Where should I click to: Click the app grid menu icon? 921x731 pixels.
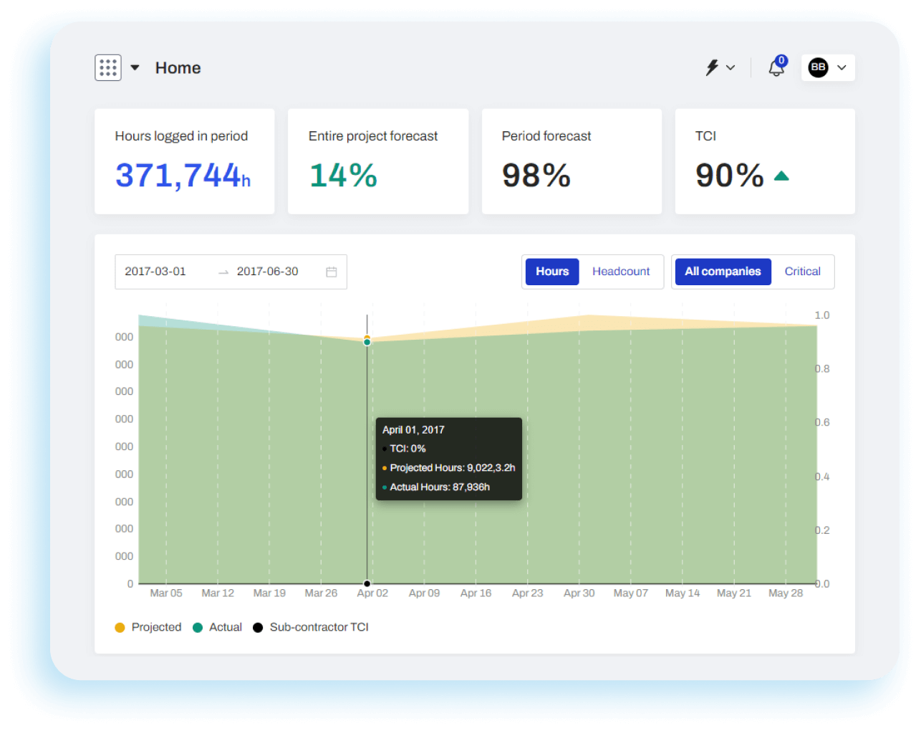(108, 68)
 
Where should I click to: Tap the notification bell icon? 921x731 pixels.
(776, 68)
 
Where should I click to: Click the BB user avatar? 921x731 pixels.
(818, 67)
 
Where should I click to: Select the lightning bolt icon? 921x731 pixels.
(712, 67)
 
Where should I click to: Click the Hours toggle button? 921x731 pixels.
(552, 272)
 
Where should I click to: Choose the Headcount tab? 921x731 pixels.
(621, 272)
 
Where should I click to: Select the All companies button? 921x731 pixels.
(723, 272)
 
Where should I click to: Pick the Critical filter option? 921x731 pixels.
(802, 272)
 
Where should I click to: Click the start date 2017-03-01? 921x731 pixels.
(155, 272)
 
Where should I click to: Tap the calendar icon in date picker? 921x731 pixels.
(332, 272)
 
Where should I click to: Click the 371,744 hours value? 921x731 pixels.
(183, 176)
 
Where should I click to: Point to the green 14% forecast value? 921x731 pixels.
(343, 176)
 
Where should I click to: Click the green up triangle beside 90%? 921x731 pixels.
(781, 176)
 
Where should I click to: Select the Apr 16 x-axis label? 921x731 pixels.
(476, 593)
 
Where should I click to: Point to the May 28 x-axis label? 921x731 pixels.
(786, 593)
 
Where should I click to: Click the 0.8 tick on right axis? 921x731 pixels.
(822, 369)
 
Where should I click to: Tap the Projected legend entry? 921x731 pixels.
(148, 627)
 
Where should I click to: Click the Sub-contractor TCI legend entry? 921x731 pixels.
(311, 627)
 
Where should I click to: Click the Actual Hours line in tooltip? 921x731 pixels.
(439, 487)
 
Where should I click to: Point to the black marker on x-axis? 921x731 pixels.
(367, 583)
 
